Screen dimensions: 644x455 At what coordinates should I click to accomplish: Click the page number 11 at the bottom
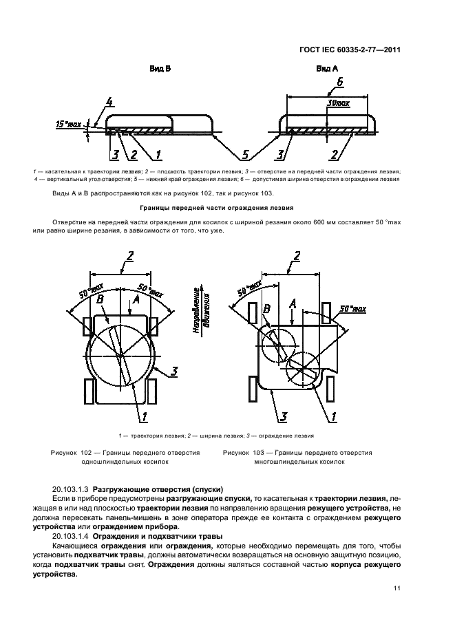click(397, 588)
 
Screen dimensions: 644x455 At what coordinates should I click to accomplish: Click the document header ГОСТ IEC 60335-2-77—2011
click(349, 50)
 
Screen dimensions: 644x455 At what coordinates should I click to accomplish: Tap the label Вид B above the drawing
click(160, 69)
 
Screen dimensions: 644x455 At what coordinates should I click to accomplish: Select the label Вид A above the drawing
click(327, 69)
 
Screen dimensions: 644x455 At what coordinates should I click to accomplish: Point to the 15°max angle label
click(69, 125)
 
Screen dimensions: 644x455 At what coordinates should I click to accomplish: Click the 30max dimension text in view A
click(339, 103)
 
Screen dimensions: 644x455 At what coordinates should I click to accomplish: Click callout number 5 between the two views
click(246, 153)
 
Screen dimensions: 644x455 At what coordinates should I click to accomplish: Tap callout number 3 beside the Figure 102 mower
click(175, 372)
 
